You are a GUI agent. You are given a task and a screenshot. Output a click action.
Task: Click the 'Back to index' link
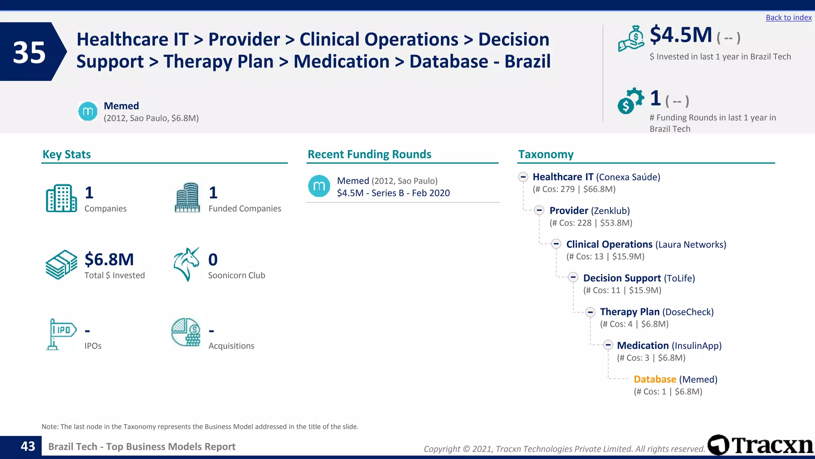coord(788,18)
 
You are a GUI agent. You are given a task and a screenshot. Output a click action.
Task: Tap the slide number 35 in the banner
coord(29,52)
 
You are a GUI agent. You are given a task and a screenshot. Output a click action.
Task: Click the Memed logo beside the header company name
coord(88,111)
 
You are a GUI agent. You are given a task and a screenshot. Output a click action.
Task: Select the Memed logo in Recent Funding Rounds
coord(319,186)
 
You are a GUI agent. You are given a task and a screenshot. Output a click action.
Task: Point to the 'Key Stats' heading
coord(66,154)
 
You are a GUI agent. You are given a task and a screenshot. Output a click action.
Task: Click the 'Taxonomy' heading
coord(546,154)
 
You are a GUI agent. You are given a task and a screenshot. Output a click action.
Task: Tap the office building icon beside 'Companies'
coord(61,198)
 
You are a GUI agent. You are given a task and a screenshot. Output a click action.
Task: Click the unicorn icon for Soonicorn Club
coord(186,264)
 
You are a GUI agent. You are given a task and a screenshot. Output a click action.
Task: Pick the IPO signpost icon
coord(60,334)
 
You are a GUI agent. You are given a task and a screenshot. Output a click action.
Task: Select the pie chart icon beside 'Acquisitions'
coord(186,332)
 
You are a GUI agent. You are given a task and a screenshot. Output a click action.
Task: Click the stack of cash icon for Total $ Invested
coord(61,265)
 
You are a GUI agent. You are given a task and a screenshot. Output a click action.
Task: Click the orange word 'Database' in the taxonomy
coord(655,379)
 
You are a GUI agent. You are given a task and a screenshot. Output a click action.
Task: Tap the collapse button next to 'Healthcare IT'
coord(523,177)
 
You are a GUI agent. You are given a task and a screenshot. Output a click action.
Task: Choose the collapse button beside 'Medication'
coord(608,345)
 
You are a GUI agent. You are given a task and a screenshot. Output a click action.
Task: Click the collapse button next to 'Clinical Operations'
coord(556,244)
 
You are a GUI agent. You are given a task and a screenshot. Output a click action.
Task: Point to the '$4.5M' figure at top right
coord(681,35)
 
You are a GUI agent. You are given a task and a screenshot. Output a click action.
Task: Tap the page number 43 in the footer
coord(28,446)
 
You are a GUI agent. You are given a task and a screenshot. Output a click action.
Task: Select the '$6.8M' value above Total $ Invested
coord(109,259)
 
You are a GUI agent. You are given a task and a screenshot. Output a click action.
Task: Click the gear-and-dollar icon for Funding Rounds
coord(630,101)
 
